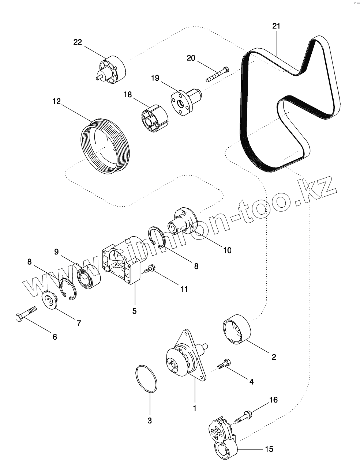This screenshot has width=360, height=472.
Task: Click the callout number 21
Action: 276,26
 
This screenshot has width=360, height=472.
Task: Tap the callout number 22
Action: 78,42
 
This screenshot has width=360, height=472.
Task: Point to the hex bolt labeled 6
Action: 26,313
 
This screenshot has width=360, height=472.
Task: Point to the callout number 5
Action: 134,311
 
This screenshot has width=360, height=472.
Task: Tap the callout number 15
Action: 269,449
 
